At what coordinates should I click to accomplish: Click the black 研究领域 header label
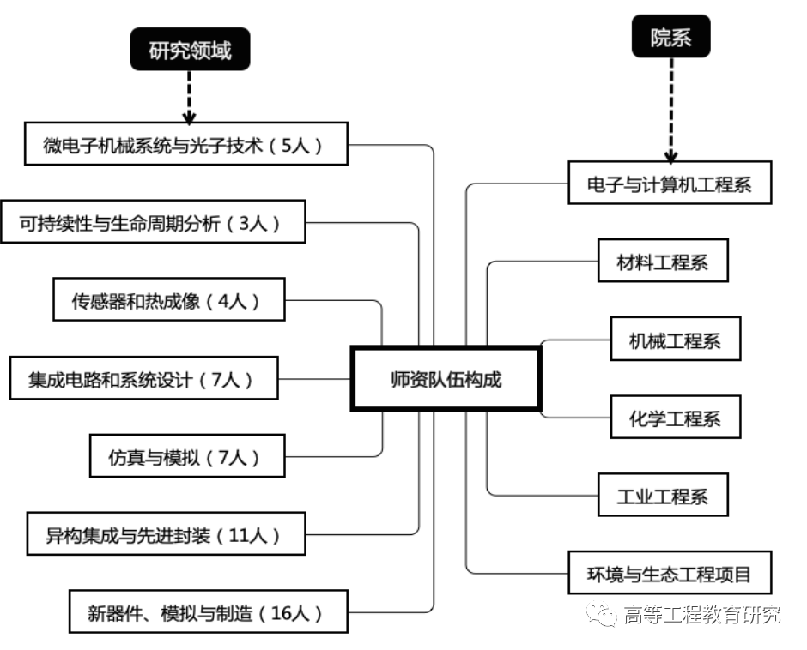191,51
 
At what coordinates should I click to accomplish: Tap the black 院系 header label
670,38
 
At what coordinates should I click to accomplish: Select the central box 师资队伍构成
446,379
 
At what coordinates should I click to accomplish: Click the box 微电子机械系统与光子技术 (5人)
185,145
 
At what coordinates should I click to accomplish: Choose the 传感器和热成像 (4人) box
168,300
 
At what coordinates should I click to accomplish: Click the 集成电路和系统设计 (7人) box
143,378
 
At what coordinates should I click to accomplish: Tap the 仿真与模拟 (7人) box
186,455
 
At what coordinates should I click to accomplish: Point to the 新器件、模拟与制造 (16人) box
208,612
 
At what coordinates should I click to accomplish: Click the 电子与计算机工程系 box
670,184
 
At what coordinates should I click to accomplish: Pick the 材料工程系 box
663,262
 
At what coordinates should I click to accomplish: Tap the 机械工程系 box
675,340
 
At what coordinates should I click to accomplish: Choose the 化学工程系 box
675,418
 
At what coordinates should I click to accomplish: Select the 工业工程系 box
663,496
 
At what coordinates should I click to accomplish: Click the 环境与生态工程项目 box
670,572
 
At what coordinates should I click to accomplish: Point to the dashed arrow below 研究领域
190,98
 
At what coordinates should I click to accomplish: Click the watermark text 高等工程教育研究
701,615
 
